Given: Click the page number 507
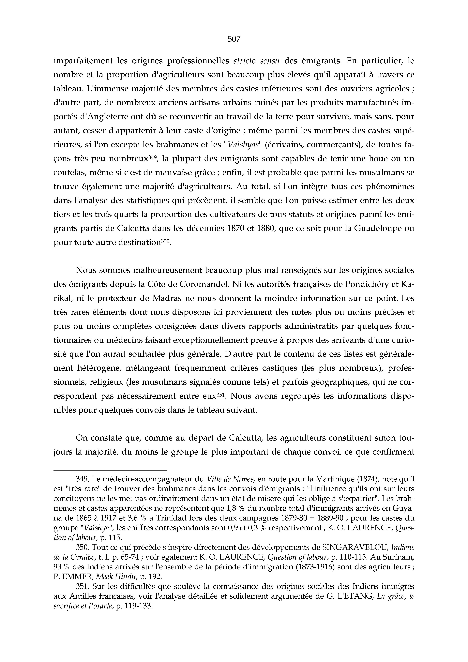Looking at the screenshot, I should coord(234,39).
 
